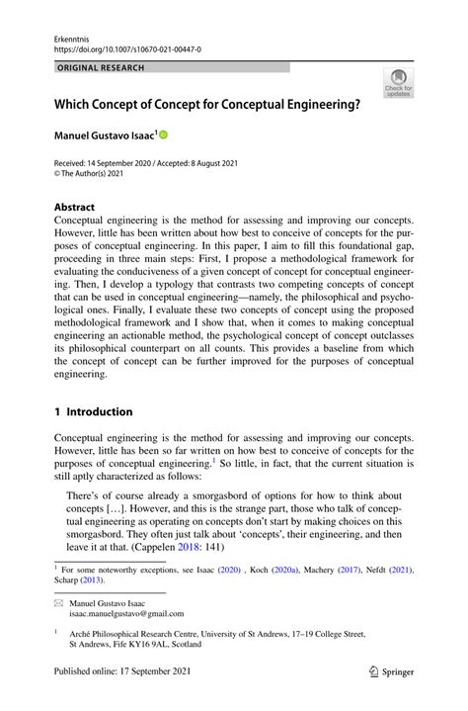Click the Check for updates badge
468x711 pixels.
(398, 86)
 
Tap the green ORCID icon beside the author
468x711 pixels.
(163, 133)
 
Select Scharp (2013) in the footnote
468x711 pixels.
(84, 581)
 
